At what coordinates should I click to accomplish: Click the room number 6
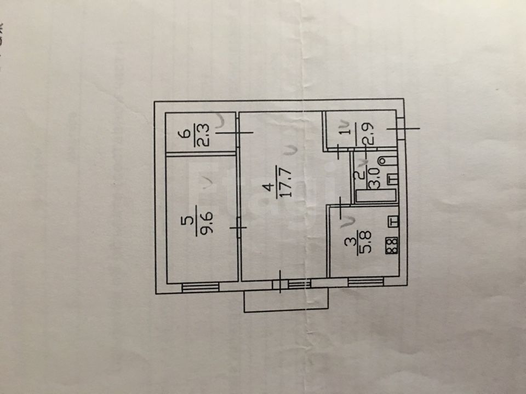click(186, 134)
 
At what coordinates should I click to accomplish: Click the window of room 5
click(199, 286)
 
